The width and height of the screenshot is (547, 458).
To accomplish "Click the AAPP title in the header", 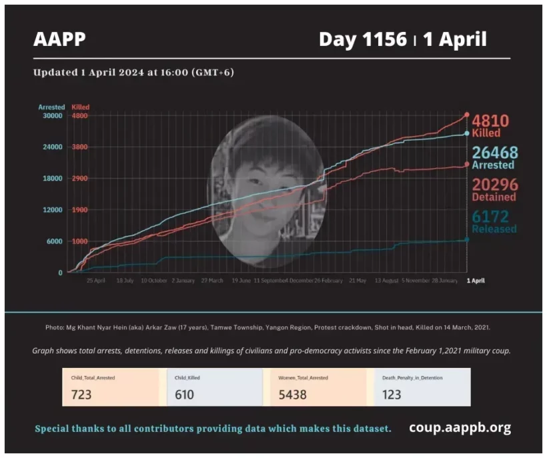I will pyautogui.click(x=59, y=39).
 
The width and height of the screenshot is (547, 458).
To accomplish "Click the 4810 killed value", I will pyautogui.click(x=490, y=121).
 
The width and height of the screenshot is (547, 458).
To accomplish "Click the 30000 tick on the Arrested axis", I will pyautogui.click(x=52, y=115).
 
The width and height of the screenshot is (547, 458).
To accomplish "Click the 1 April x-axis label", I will pyautogui.click(x=475, y=281).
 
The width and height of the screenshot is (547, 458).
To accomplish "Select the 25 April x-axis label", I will pyautogui.click(x=95, y=281).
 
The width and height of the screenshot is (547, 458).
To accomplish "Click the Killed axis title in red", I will pyautogui.click(x=80, y=107).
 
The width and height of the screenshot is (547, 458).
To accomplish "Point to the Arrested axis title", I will pyautogui.click(x=51, y=107).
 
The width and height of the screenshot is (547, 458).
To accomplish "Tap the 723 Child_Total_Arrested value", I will pyautogui.click(x=81, y=394).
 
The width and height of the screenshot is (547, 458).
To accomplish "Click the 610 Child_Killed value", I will pyautogui.click(x=184, y=394).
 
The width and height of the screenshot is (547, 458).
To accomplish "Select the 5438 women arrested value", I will pyautogui.click(x=293, y=394).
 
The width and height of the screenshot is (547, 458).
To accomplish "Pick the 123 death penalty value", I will pyautogui.click(x=392, y=394).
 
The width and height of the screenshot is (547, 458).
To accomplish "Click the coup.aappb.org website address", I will pyautogui.click(x=460, y=427).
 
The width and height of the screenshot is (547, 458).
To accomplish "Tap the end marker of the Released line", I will pyautogui.click(x=466, y=239).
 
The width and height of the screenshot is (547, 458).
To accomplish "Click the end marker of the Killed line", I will pyautogui.click(x=466, y=115).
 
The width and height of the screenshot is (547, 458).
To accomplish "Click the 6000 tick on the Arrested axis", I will pyautogui.click(x=54, y=241).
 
